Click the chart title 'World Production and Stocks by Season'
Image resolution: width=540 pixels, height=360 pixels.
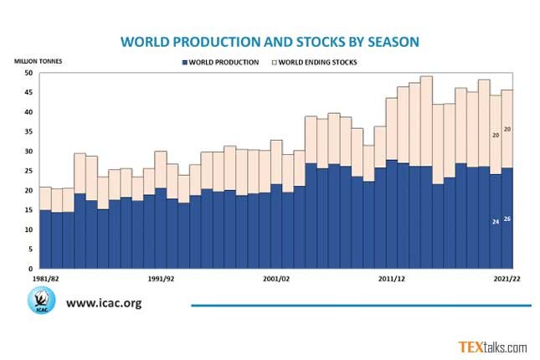[270, 41]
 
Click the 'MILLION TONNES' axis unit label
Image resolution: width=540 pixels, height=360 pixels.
[39, 61]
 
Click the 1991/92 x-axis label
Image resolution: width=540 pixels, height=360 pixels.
[161, 279]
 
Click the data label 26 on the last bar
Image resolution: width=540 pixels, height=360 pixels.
[507, 219]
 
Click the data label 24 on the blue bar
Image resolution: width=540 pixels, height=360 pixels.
[495, 222]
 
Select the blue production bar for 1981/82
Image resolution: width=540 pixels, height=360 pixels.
[45, 239]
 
